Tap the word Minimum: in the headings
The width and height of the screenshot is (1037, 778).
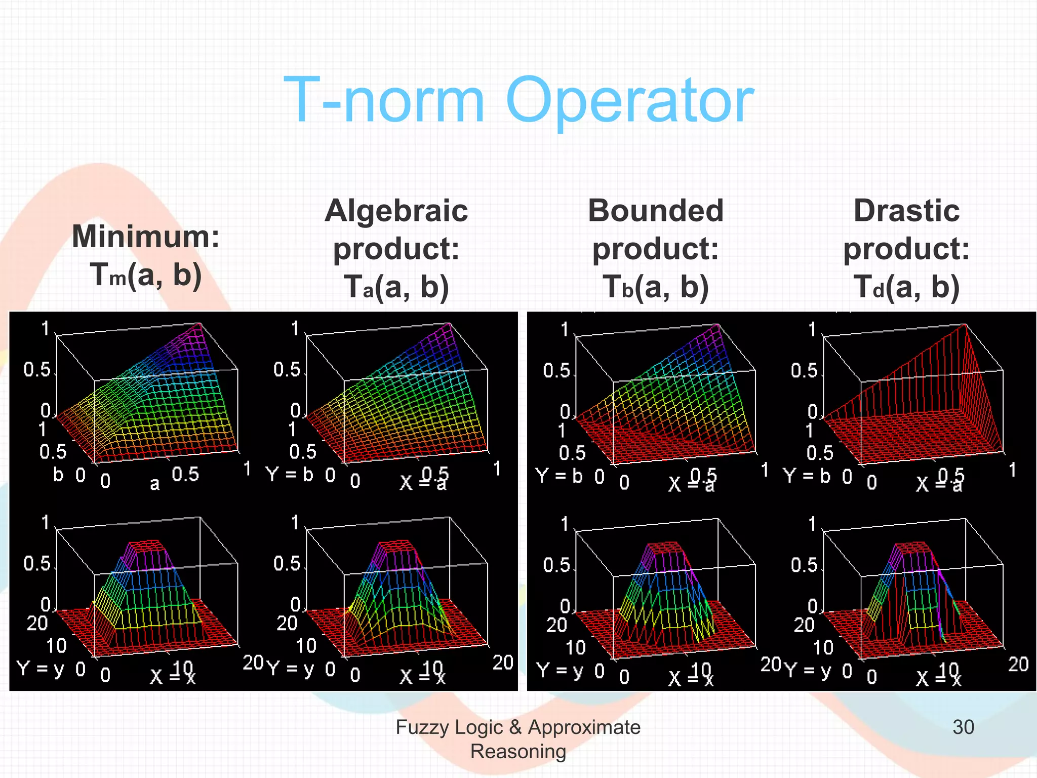(x=146, y=236)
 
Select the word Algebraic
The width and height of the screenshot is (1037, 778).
(x=396, y=211)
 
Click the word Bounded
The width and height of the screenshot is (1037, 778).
(x=656, y=211)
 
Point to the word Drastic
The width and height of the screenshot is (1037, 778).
(x=906, y=211)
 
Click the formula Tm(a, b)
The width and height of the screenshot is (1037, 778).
(x=146, y=275)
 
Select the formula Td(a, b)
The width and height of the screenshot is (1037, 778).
(x=906, y=287)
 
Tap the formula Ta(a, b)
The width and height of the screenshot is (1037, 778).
(x=396, y=287)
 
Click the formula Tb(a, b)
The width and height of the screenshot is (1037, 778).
(x=656, y=287)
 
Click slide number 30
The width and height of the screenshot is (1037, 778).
(x=963, y=727)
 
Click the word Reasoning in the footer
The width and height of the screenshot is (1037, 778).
(x=518, y=751)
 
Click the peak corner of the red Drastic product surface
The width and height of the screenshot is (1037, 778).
(x=965, y=325)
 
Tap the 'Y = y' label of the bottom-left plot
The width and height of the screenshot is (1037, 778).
(x=41, y=669)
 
